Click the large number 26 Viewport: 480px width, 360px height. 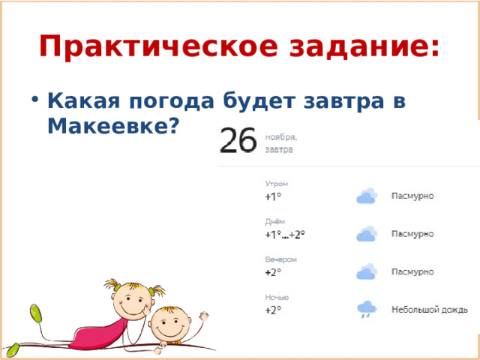click(x=238, y=140)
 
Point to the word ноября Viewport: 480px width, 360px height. click(x=281, y=137)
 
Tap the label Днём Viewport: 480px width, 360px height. click(x=275, y=220)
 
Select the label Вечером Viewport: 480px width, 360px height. click(x=280, y=259)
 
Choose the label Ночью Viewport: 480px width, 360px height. click(x=276, y=297)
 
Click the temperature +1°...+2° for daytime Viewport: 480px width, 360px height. click(x=284, y=234)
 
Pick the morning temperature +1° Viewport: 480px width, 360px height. click(x=273, y=196)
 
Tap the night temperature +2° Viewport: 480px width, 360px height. click(x=273, y=310)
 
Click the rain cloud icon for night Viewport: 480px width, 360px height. click(x=366, y=308)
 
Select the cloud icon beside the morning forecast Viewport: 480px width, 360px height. click(x=366, y=196)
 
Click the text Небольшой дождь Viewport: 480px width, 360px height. click(x=430, y=309)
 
